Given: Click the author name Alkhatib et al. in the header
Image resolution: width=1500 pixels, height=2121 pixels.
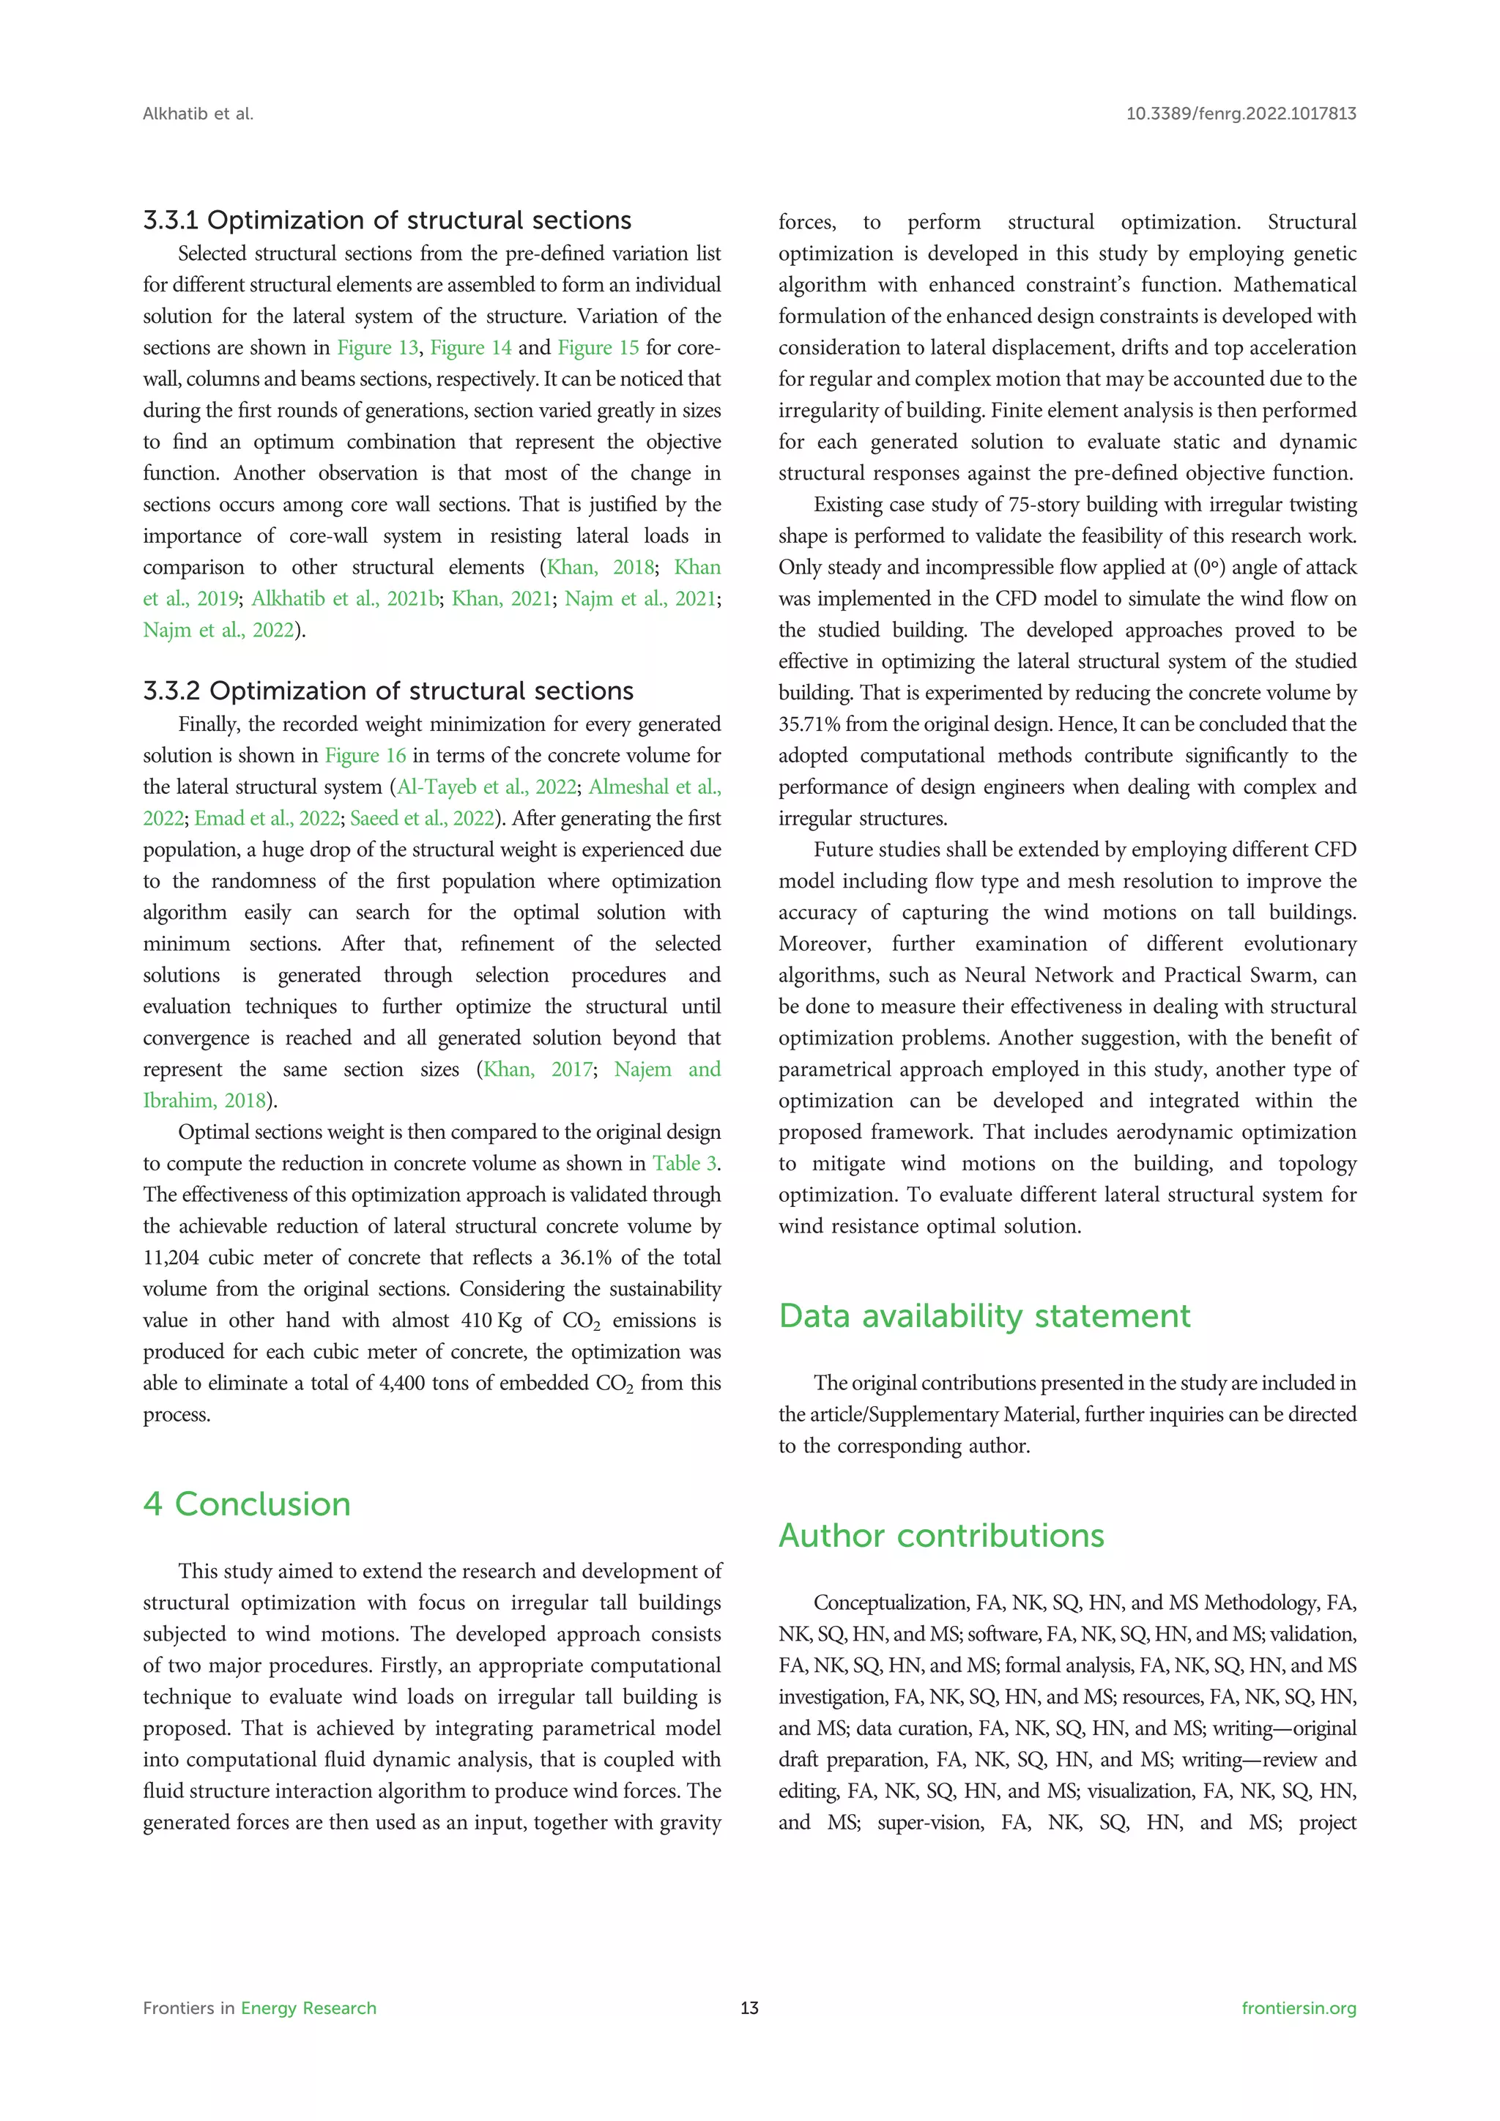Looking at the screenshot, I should click(198, 114).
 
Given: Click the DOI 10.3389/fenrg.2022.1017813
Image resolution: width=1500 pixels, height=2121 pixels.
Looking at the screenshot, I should click(1241, 114).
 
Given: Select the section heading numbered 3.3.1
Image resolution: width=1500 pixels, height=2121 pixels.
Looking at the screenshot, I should click(387, 220).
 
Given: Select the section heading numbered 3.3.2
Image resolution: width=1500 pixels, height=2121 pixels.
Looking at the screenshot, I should click(388, 691).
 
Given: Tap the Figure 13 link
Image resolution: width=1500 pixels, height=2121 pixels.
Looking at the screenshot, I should click(377, 347).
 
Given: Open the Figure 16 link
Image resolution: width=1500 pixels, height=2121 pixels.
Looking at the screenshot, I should click(365, 756).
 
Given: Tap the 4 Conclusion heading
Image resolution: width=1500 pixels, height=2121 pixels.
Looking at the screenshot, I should click(247, 1504).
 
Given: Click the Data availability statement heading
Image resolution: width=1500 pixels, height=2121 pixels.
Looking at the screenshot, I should click(984, 1315).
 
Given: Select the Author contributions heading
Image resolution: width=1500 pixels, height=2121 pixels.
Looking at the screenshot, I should click(940, 1535).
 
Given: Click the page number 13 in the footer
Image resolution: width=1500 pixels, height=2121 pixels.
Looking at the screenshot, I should click(749, 2008).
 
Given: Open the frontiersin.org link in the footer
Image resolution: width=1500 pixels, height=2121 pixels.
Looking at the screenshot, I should click(1298, 2008).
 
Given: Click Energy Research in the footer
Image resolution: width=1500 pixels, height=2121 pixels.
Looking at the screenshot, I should click(308, 2008).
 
